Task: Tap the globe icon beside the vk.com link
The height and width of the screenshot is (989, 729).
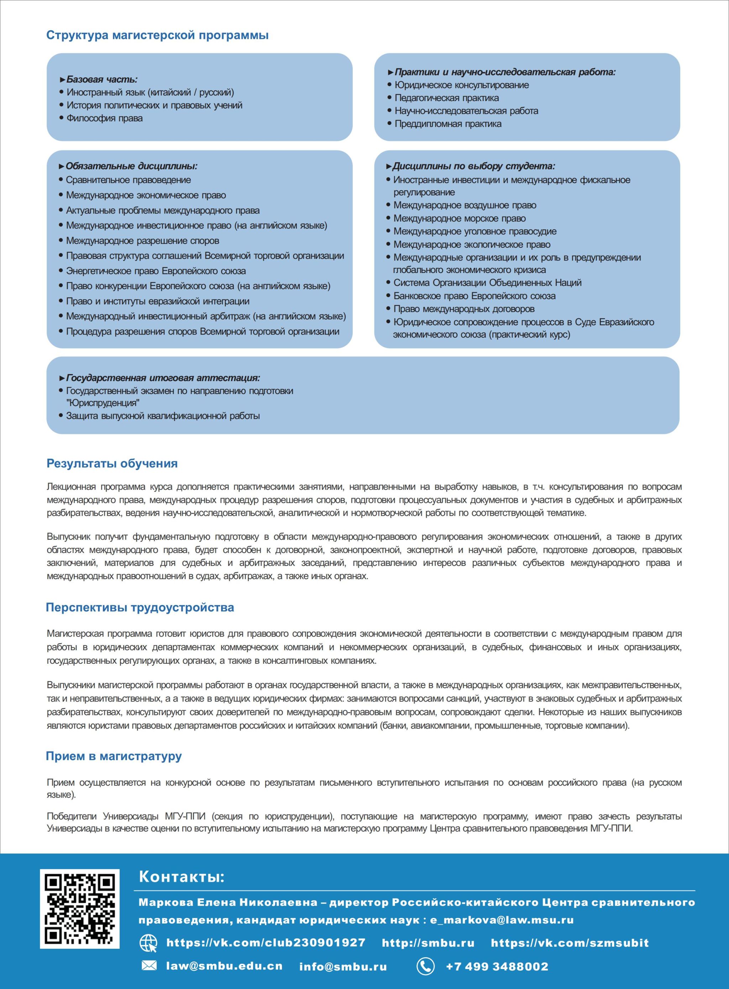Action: tap(148, 943)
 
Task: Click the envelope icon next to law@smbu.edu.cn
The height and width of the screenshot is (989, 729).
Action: tap(149, 966)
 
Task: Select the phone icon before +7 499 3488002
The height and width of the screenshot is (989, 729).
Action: tap(425, 966)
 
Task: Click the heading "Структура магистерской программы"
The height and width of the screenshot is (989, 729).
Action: tap(157, 35)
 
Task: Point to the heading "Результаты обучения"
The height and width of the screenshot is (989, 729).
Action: tap(112, 464)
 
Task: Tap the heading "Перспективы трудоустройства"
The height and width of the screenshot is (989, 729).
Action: tap(140, 607)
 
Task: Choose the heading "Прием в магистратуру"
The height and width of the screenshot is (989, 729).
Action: tap(114, 756)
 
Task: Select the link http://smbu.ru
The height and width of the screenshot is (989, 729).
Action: tap(428, 943)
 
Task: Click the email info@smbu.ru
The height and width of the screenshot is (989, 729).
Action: tap(343, 967)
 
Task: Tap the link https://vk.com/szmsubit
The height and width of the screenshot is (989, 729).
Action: tap(570, 943)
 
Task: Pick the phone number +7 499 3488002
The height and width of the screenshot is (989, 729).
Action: tap(497, 966)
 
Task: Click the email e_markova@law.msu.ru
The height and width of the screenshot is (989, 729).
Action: tap(502, 920)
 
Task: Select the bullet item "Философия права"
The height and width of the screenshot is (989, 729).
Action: tap(105, 118)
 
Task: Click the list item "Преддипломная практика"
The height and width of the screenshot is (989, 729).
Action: tap(448, 124)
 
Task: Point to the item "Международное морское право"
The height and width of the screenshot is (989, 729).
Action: tap(460, 219)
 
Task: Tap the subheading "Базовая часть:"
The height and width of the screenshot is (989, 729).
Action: tap(102, 79)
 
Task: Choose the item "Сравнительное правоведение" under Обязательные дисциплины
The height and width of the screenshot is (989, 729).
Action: tap(129, 180)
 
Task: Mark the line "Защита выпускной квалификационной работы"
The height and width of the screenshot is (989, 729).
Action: tap(163, 416)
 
